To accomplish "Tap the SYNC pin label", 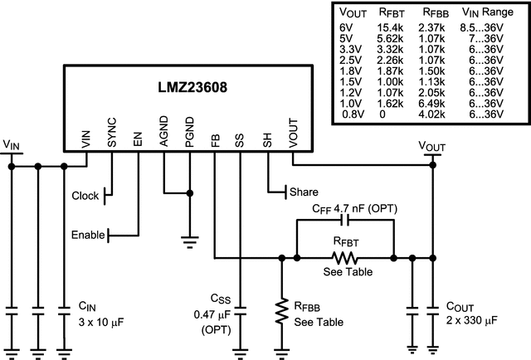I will click(x=112, y=132).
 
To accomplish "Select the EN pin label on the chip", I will click(x=138, y=136).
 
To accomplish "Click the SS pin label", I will click(x=240, y=136).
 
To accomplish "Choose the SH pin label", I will click(x=267, y=136).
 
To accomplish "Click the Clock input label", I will click(x=85, y=197).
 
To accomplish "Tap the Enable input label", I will click(x=88, y=236).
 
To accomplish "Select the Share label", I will click(x=304, y=192).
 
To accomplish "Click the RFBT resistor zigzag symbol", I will click(x=345, y=258).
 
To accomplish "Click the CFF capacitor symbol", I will click(x=345, y=221).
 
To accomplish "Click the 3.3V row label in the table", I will click(x=351, y=49).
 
